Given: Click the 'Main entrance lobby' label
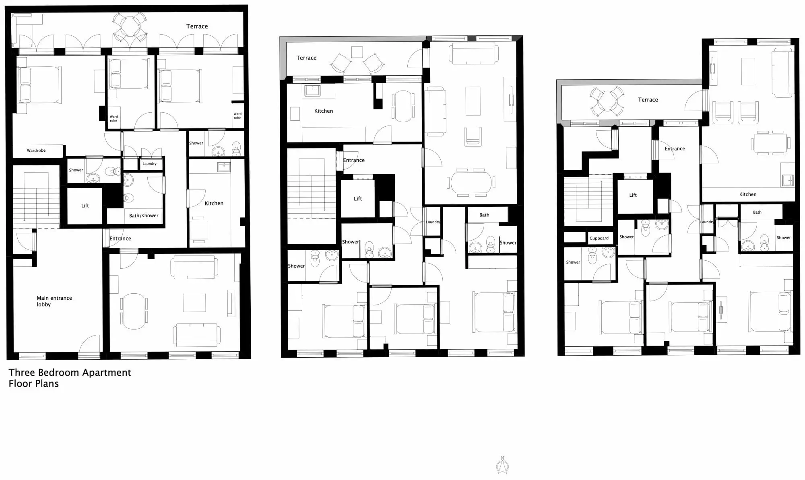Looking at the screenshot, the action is (54, 301).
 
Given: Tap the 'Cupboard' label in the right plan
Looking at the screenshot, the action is (599, 238).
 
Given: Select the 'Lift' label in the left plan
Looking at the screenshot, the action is (85, 206).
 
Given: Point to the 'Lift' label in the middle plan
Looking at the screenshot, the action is (358, 198).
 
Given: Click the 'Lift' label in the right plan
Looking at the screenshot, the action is (633, 195).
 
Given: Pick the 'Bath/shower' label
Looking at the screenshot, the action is (144, 216).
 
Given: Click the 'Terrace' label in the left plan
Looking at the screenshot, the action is (197, 26).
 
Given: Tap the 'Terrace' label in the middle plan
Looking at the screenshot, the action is (306, 58).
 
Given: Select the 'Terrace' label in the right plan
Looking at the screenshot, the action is (648, 99).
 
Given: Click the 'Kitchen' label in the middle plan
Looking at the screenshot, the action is (324, 111).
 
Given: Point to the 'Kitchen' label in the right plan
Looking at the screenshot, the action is (748, 194).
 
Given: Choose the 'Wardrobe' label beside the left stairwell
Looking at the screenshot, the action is (36, 150).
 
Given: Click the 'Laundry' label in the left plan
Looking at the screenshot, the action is (149, 164).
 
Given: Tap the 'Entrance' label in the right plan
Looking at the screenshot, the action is (675, 148).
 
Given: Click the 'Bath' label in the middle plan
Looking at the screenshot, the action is (484, 215).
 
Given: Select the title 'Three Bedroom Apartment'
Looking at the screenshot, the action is (70, 373).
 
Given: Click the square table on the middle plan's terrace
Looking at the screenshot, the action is (357, 52).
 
